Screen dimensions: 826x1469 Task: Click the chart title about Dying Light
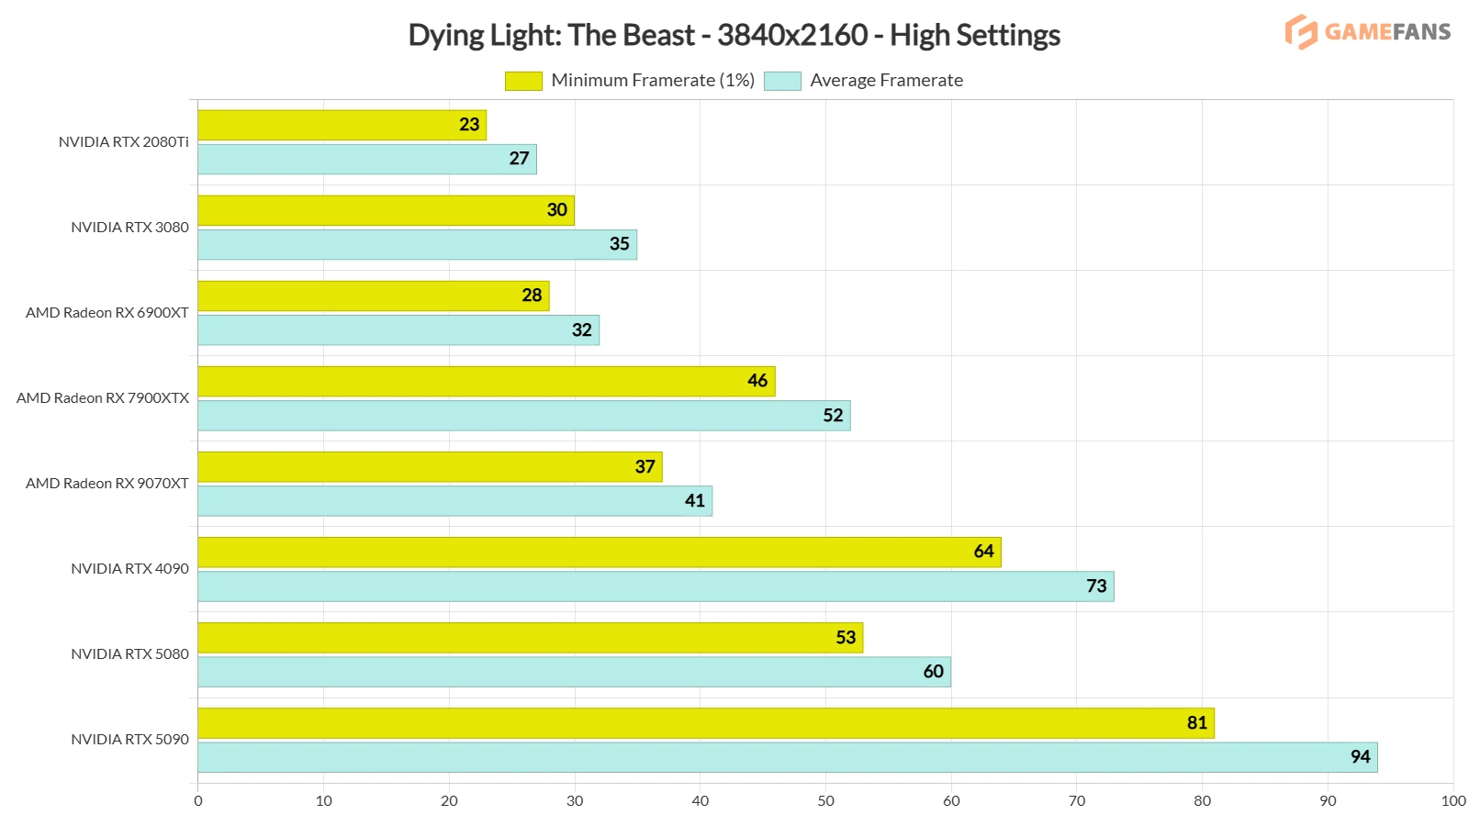(x=734, y=35)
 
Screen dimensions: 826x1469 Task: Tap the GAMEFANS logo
(x=1367, y=32)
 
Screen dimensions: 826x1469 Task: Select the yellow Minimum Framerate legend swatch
(x=523, y=81)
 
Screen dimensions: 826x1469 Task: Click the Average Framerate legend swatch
(x=782, y=81)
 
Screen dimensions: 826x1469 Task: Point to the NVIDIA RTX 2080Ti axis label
(x=123, y=142)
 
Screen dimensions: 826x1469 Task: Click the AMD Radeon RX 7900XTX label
(x=103, y=398)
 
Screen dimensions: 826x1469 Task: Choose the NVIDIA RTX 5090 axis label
(x=129, y=740)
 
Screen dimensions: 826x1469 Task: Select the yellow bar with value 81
(x=705, y=723)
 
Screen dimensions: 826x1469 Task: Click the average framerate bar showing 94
(x=787, y=757)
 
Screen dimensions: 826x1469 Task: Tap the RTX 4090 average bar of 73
(x=656, y=586)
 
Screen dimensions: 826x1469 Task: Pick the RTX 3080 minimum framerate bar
(x=386, y=210)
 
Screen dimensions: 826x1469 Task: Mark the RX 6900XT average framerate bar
(x=398, y=330)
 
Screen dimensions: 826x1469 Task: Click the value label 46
(x=757, y=381)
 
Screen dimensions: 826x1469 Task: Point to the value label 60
(x=933, y=672)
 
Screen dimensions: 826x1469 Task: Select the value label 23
(x=469, y=125)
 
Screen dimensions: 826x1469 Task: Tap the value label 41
(x=695, y=501)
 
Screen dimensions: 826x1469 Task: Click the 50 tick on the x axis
(x=825, y=801)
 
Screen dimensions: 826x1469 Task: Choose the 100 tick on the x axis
(x=1452, y=801)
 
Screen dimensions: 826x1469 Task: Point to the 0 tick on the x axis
(x=198, y=801)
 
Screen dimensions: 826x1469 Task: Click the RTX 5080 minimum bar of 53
(x=530, y=638)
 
